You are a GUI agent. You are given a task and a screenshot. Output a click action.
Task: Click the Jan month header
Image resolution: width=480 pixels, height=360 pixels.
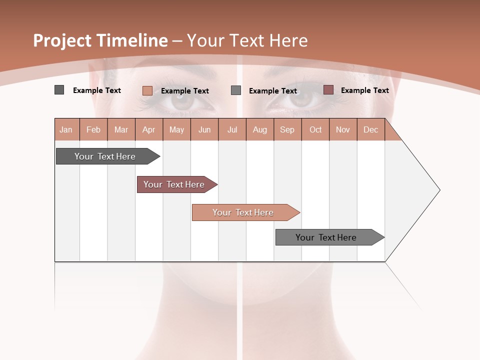coord(66,129)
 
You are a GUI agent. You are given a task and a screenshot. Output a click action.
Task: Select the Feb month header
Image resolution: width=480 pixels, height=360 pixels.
coord(93,129)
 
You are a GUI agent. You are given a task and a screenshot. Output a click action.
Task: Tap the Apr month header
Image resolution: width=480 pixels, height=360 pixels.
coord(148,129)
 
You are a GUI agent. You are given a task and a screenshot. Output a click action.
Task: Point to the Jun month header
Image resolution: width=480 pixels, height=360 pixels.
coord(204,129)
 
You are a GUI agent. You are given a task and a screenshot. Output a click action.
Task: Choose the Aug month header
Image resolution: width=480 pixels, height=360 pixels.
coord(259,129)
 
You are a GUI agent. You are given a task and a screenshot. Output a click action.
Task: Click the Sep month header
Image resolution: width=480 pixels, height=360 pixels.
coord(287,129)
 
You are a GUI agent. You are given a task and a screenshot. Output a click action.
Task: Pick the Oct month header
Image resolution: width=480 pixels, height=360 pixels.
coord(315,129)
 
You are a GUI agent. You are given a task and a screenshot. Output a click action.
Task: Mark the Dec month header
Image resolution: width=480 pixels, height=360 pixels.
coord(370,129)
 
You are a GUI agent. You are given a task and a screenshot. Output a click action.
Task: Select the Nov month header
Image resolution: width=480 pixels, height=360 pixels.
coord(343,129)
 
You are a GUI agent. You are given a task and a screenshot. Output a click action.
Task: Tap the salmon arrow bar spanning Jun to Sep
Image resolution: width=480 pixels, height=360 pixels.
coord(244,212)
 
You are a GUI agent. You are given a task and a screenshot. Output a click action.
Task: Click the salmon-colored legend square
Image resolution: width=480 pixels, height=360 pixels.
coord(147,90)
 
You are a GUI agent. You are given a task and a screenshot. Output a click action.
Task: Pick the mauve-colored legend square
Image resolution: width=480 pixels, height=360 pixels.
coord(328,90)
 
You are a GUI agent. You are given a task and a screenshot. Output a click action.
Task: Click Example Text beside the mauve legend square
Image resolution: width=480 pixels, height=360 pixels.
coord(364,90)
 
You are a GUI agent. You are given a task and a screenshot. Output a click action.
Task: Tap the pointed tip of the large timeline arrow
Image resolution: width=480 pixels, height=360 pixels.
coord(438,190)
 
